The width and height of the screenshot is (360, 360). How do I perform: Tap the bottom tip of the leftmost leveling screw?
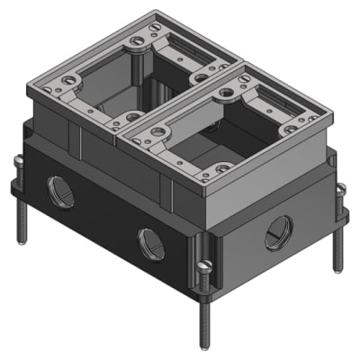[x=22, y=241]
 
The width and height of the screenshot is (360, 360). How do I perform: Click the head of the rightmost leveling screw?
[x=341, y=188]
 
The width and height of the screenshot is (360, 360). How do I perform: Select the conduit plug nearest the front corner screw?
[x=149, y=242]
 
